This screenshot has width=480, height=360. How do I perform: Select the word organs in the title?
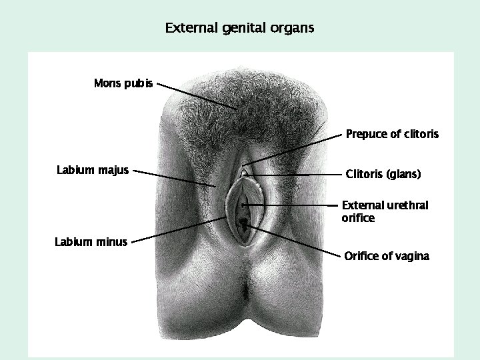point(293,29)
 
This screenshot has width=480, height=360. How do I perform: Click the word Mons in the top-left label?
point(107,83)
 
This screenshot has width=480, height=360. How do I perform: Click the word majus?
point(113,170)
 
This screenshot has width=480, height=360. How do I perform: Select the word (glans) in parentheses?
point(405,175)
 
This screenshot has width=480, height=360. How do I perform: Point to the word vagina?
point(411,256)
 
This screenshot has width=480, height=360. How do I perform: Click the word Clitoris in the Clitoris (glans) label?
point(365,175)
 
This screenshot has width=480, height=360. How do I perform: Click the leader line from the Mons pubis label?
point(197,97)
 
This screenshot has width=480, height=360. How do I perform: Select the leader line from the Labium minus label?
point(177,230)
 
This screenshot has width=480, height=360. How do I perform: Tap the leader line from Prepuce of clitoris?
point(293,149)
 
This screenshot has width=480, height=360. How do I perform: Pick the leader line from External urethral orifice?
point(293,203)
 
